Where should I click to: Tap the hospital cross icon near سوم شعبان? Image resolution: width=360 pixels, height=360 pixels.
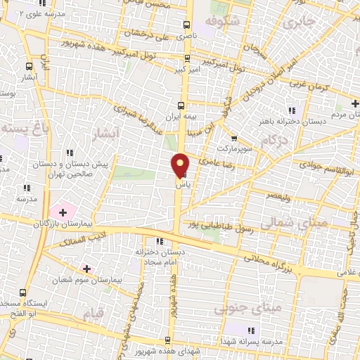click(86, 269)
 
